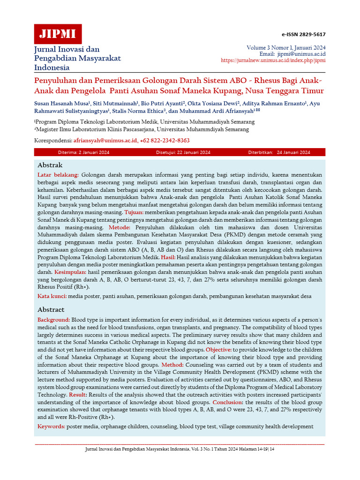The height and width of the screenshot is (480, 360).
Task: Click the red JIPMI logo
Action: coord(58,34)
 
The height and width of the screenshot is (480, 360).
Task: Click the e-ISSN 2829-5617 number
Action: coord(303,35)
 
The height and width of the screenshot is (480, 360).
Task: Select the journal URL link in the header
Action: coord(273,60)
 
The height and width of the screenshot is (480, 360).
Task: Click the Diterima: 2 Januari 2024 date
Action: coord(83,152)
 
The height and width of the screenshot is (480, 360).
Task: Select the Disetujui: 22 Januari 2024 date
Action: coord(183,152)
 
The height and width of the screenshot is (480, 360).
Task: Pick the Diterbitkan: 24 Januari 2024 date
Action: coord(279,152)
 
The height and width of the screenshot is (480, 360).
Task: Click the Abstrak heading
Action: coord(50,165)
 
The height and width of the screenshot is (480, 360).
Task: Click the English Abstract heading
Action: coord(51,310)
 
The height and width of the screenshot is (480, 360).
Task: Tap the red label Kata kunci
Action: coord(52,296)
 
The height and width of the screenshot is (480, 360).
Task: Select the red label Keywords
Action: coord(51,427)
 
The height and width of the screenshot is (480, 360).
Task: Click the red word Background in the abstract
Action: coord(53,319)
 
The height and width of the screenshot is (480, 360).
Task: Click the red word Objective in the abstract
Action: coord(218,350)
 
